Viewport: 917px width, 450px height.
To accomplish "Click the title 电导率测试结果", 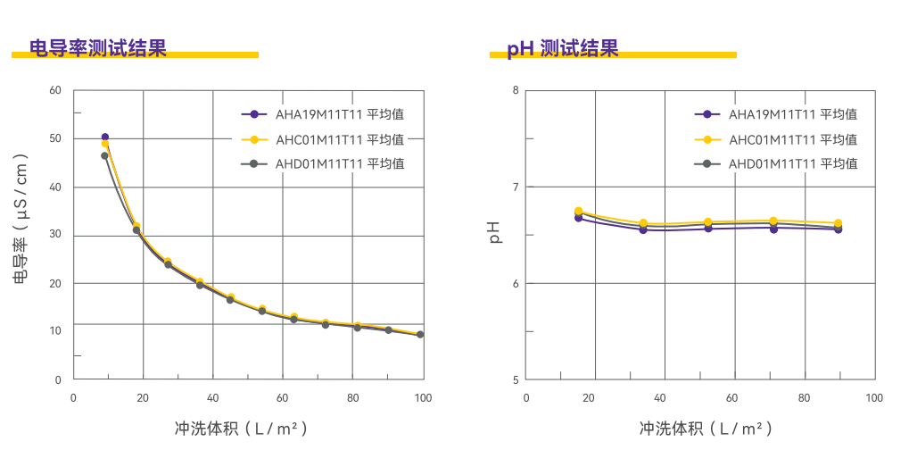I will coord(98,48).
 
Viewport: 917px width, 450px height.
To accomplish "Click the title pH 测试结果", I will coord(563,48).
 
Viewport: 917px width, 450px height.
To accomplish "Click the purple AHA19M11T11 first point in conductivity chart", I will coord(105,137).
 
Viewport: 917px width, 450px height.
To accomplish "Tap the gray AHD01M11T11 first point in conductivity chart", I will coord(104,156).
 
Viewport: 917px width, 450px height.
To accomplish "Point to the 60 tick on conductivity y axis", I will coord(55,90).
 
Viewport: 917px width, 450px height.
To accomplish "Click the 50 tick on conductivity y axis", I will coord(55,138).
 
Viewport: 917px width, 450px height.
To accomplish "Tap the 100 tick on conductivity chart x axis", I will coord(424,397).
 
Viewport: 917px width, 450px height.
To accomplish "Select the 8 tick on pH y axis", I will coord(515,90).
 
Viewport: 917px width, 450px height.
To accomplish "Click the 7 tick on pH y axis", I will coord(515,187).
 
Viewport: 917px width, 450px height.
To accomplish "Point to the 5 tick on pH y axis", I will coord(515,379).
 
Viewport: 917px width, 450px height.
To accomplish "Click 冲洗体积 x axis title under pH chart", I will coord(699,429).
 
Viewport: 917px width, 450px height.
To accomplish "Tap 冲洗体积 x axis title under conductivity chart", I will coord(241,429).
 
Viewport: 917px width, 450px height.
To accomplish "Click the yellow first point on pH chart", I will coord(578,211).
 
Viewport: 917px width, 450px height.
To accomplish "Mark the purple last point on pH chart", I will coord(839,229).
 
